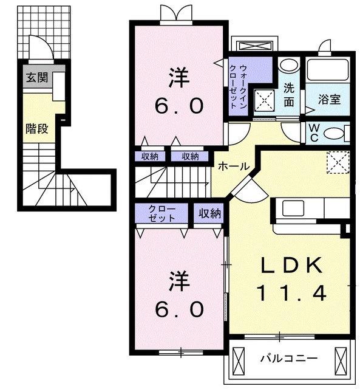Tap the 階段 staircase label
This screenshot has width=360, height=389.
click(x=36, y=128)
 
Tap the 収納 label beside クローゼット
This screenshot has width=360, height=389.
click(x=208, y=213)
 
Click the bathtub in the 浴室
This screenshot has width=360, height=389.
click(x=327, y=71)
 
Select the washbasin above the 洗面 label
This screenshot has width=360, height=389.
click(x=289, y=64)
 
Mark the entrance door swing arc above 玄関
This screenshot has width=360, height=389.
click(x=38, y=47)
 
